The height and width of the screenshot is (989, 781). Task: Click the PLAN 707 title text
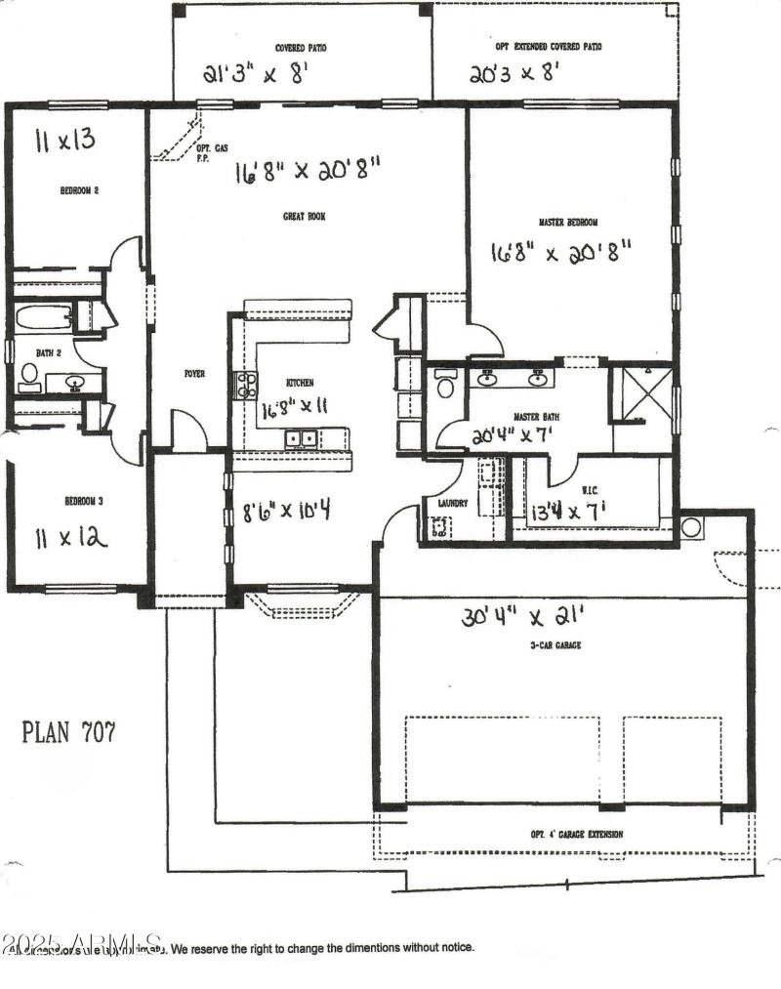(x=68, y=732)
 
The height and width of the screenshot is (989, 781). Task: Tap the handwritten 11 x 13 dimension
(x=66, y=140)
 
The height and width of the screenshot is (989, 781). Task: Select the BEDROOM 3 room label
(x=84, y=500)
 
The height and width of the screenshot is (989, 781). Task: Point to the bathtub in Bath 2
(x=44, y=317)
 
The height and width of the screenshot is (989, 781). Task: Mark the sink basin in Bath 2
(x=74, y=382)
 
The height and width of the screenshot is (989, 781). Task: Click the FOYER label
(x=194, y=373)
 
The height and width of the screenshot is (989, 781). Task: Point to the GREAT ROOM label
(x=304, y=217)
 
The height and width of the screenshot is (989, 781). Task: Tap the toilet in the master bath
(x=445, y=386)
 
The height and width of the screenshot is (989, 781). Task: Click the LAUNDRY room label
(x=453, y=504)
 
